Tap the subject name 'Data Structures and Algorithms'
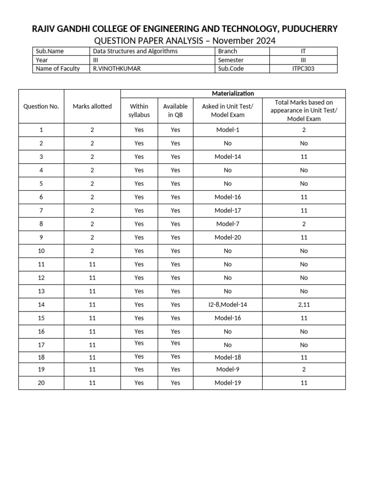[135, 51]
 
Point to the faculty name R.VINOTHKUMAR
[117, 68]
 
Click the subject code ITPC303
[303, 68]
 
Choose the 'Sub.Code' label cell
[231, 68]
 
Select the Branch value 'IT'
[303, 51]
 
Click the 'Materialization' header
[233, 93]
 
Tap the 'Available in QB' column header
[175, 110]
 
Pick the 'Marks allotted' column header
[92, 106]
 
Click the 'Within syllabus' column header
[139, 110]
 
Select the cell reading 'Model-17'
[227, 210]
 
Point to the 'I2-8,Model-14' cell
[227, 305]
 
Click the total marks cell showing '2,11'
[304, 305]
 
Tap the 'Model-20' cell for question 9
[227, 237]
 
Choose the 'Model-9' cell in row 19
[227, 369]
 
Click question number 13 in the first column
[41, 291]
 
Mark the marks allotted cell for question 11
[92, 264]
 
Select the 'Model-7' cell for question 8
[227, 224]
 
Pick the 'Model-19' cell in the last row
[227, 383]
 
